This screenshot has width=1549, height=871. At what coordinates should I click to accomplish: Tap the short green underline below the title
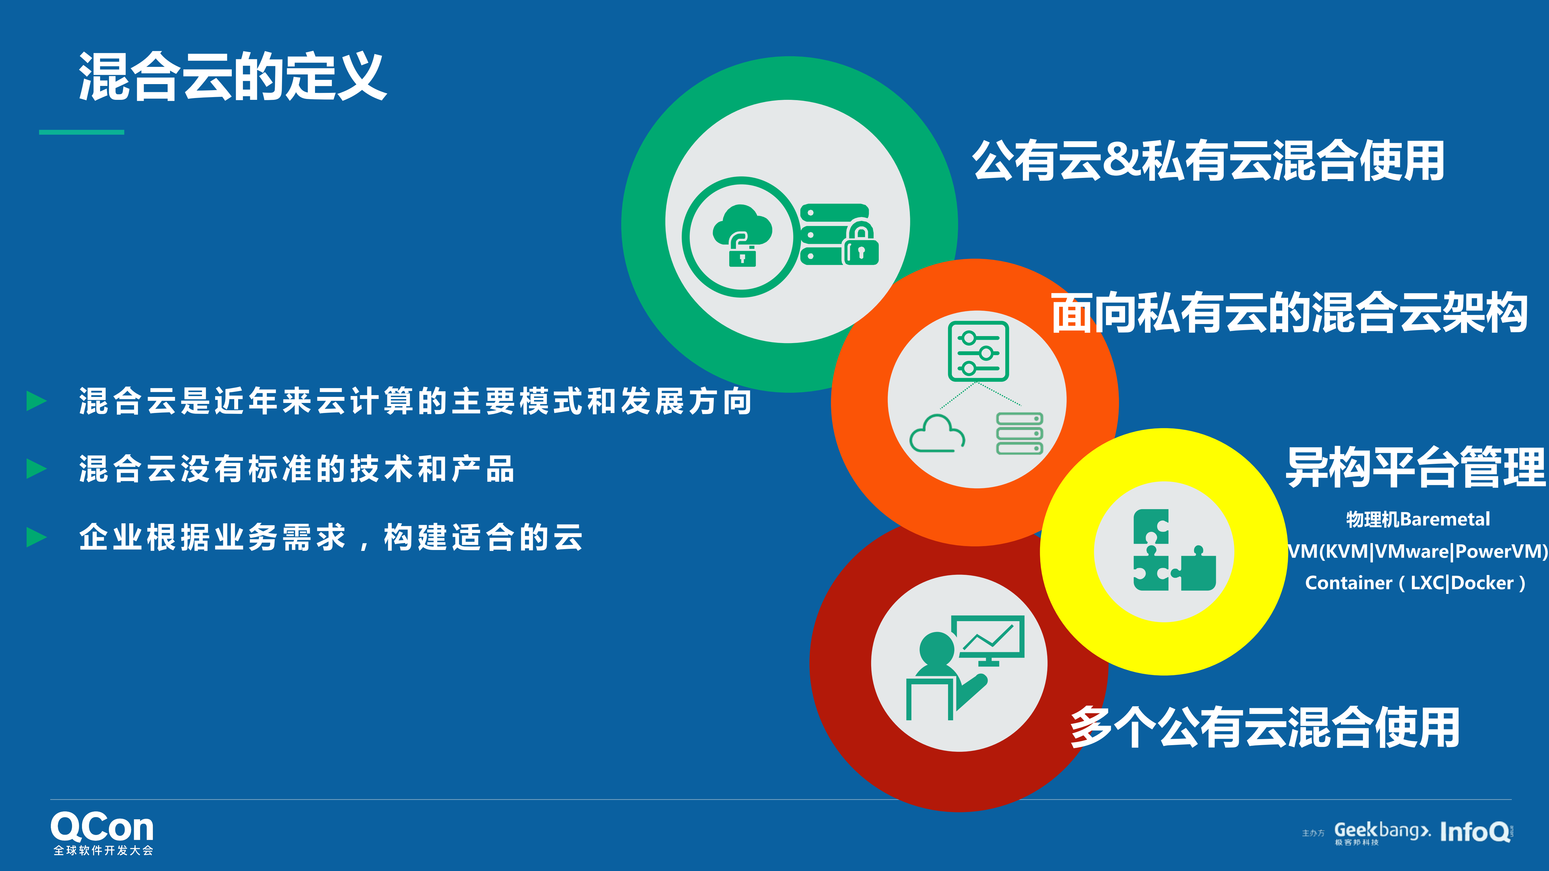[x=81, y=132]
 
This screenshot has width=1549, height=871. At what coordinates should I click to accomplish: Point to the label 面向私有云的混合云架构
[x=1289, y=313]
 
